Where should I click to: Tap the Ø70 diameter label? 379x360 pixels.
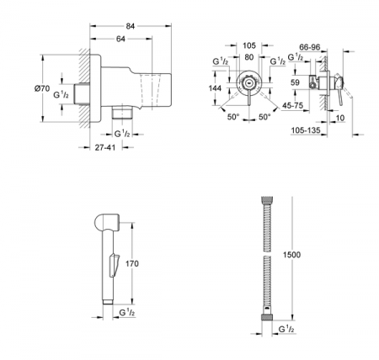click(x=50, y=85)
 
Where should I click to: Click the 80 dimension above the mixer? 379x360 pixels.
click(x=248, y=57)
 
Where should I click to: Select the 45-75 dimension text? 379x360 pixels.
click(x=294, y=106)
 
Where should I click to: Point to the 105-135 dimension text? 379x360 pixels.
click(x=321, y=130)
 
